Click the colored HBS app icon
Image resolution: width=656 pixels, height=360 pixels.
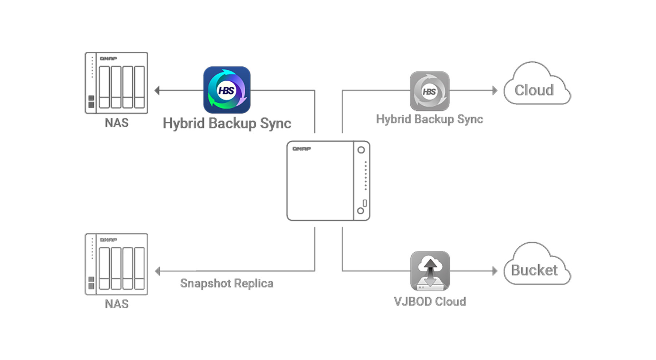pos(227,90)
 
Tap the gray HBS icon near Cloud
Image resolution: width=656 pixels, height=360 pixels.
pos(430,91)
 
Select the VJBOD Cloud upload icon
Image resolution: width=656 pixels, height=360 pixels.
pos(430,271)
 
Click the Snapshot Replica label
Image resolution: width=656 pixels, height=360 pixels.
pos(227,283)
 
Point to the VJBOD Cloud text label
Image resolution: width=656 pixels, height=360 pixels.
pos(430,302)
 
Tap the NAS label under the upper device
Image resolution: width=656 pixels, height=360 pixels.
pos(117,123)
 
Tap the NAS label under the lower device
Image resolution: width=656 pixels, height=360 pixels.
pos(117,304)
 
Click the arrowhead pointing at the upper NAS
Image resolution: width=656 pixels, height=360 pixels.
pos(157,90)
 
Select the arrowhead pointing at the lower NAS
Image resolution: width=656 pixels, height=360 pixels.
pos(157,271)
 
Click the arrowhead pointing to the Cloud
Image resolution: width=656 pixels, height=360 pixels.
pos(495,90)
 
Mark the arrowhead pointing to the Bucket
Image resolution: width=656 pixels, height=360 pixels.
pos(495,271)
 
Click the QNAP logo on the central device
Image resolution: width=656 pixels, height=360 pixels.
pos(302,149)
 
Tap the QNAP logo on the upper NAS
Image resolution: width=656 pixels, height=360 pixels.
pos(108,59)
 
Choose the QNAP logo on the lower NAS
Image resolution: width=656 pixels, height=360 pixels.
pos(108,240)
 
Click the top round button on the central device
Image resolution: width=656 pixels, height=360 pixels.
pos(361,150)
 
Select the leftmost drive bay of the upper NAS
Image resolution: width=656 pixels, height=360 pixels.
pos(105,87)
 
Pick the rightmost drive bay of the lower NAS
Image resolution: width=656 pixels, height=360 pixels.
pos(139,268)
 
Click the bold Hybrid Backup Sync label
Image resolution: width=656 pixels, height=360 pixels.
pos(227,124)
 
